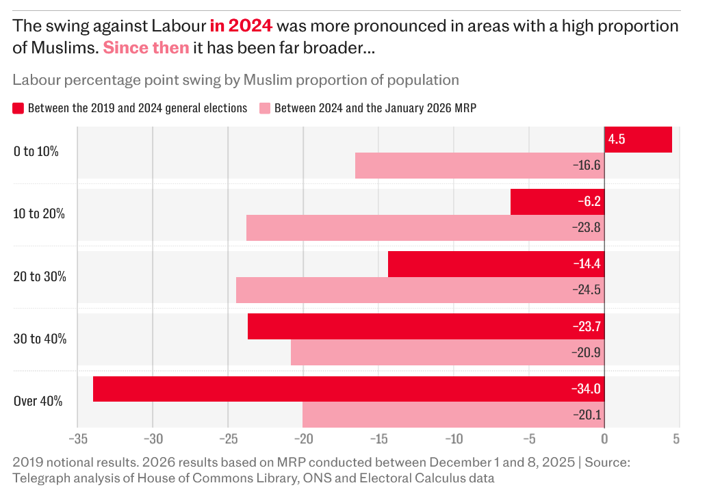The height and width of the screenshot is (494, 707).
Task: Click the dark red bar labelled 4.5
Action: click(638, 140)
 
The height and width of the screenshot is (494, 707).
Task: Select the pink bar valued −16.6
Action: click(479, 166)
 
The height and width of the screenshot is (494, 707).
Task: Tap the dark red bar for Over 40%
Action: click(348, 389)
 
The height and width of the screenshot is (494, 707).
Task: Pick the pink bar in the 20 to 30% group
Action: click(420, 290)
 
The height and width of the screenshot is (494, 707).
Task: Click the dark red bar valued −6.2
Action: click(557, 202)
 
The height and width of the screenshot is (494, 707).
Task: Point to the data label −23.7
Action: click(587, 327)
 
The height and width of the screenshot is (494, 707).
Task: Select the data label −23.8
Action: click(587, 228)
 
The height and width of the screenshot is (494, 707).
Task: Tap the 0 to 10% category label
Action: click(36, 151)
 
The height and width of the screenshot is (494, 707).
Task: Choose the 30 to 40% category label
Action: click(40, 339)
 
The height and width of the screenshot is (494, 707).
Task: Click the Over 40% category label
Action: click(38, 401)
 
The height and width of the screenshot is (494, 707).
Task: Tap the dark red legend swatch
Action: click(18, 108)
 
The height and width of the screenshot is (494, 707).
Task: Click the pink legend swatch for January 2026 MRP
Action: click(265, 108)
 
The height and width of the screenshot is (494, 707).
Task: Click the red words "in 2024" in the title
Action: click(241, 26)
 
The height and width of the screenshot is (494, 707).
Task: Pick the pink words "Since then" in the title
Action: click(146, 49)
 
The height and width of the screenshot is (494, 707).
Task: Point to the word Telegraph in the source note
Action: click(40, 478)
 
